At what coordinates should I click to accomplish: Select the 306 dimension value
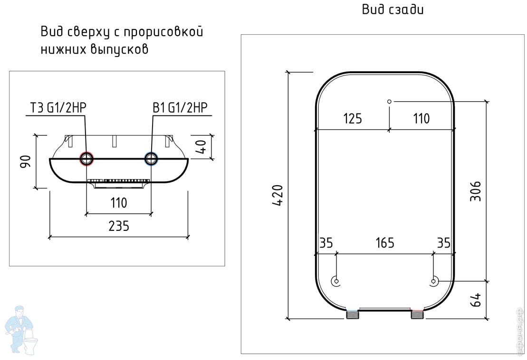[475, 191]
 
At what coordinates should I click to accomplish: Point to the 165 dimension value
[384, 243]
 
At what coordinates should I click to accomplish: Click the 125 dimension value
[352, 118]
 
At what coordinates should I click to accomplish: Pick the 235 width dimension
[119, 226]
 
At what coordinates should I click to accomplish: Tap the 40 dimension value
[201, 147]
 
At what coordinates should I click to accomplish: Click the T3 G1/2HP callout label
[56, 108]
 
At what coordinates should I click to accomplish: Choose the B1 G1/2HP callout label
[180, 108]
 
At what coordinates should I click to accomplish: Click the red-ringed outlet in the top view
[86, 159]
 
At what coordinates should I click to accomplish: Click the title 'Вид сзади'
[393, 9]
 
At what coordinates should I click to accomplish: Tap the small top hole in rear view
[389, 101]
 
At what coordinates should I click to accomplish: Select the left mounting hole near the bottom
[336, 281]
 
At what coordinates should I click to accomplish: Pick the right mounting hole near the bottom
[433, 281]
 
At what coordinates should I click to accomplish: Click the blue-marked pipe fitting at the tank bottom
[352, 314]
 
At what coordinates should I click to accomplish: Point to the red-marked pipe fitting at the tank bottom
[417, 314]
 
